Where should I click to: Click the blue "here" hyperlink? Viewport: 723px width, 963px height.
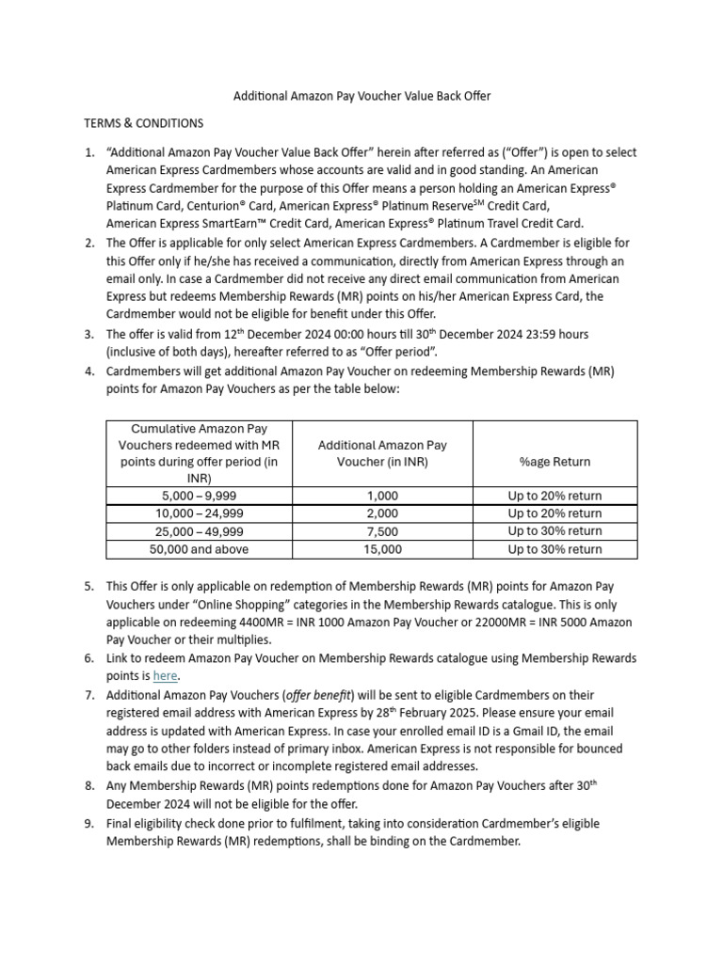(x=165, y=675)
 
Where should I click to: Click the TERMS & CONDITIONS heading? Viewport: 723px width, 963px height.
(x=143, y=123)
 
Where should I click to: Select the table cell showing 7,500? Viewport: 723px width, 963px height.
(x=382, y=531)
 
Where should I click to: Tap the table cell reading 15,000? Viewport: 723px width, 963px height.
(x=382, y=549)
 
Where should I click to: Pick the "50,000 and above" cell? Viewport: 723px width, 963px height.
(x=199, y=549)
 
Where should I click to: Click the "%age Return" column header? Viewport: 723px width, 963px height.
(x=554, y=462)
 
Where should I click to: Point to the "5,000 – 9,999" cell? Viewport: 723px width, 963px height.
(x=199, y=496)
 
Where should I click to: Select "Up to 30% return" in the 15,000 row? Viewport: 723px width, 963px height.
(x=554, y=549)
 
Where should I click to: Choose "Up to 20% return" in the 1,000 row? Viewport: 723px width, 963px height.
(x=554, y=496)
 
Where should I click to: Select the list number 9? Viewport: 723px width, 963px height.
(x=88, y=824)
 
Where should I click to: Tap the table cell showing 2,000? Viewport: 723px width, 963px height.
(x=382, y=513)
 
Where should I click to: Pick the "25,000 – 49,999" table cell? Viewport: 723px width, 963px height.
(x=199, y=531)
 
